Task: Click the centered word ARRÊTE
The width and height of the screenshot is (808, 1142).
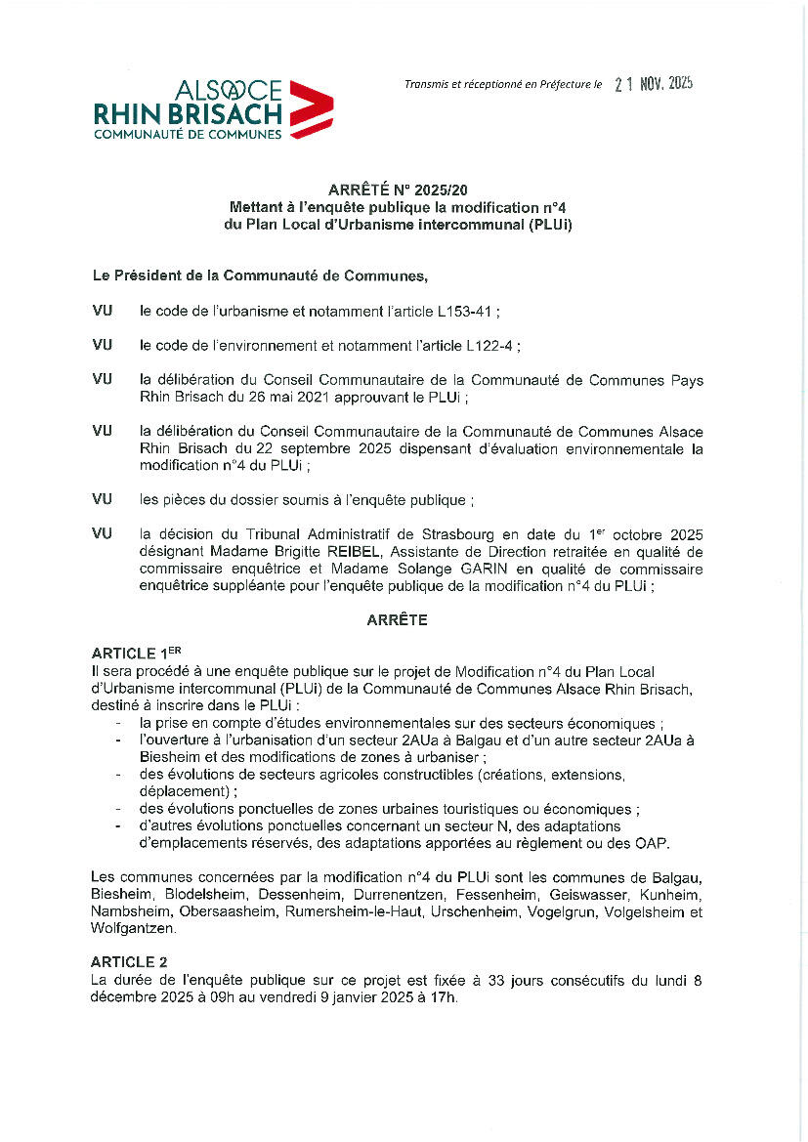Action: click(x=397, y=619)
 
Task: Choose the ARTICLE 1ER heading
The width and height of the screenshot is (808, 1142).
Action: click(x=137, y=652)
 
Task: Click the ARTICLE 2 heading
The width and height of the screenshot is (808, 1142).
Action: click(x=129, y=961)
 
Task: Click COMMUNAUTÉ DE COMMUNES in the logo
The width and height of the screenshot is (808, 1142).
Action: click(x=188, y=134)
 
